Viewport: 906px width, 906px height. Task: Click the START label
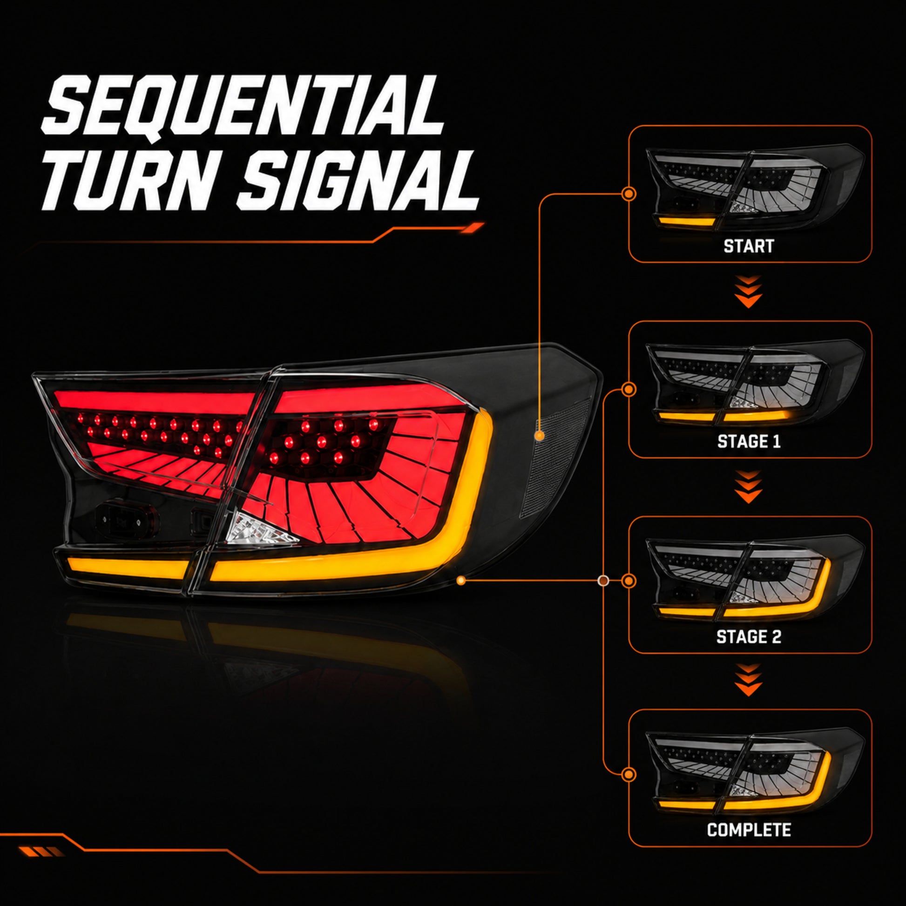749,246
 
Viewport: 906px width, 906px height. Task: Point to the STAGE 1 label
749,441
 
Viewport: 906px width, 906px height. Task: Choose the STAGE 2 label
749,637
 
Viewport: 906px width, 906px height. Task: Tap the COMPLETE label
749,830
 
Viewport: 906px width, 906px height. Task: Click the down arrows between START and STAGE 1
749,292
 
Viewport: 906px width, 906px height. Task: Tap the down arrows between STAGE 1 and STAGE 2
749,487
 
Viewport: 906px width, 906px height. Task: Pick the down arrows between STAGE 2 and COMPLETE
749,680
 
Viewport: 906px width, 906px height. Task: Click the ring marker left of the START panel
629,194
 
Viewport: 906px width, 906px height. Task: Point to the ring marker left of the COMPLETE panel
629,774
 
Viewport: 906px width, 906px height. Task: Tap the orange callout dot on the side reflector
539,436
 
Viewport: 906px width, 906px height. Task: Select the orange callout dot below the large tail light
461,581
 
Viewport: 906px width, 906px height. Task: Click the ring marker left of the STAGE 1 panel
629,389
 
